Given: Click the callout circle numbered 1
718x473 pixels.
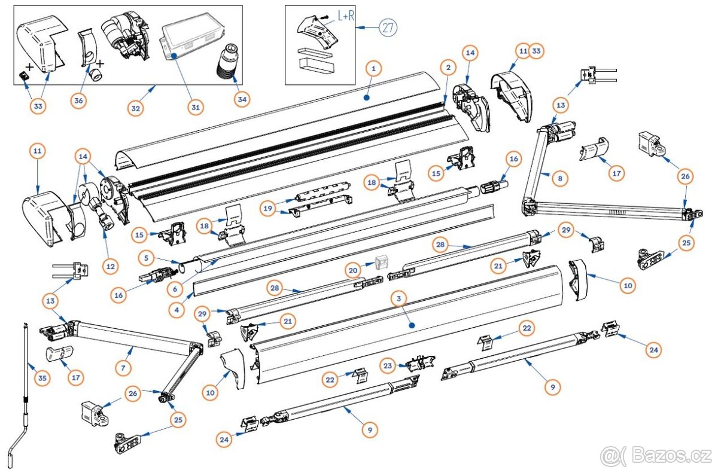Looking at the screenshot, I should tap(372, 69).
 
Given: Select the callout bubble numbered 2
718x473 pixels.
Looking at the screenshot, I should tap(447, 68).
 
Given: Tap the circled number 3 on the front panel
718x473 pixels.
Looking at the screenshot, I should tap(397, 297).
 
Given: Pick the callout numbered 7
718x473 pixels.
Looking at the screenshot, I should tap(123, 368).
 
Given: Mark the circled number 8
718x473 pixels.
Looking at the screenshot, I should tap(559, 178).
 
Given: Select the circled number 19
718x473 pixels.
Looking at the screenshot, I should tap(267, 208).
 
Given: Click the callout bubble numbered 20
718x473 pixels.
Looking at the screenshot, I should tap(354, 270).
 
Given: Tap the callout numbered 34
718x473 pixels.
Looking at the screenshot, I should tap(241, 99).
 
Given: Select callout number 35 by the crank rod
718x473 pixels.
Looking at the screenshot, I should tap(42, 378).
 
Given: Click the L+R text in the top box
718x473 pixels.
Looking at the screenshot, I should tap(346, 16).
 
